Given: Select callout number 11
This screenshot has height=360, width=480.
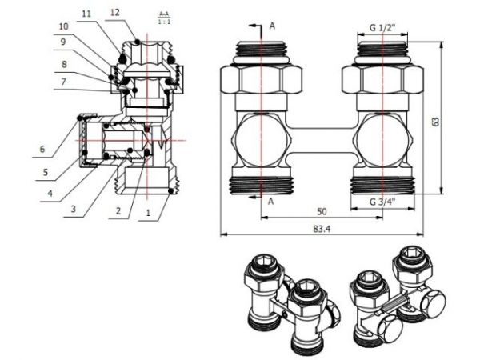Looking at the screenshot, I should point(86,14).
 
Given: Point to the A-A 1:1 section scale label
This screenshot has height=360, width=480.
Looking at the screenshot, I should point(163,16).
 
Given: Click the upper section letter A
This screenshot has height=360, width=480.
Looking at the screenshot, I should point(272,26).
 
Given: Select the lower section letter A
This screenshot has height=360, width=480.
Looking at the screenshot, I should point(271,202).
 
